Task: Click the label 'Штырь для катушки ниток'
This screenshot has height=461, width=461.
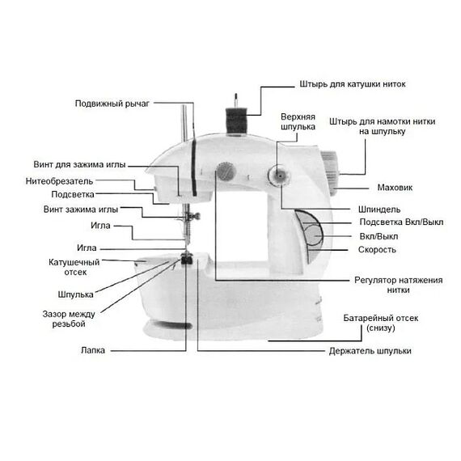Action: tap(353, 84)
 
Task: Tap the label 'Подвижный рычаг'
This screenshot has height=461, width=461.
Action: tap(112, 104)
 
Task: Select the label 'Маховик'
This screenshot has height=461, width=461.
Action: tap(395, 188)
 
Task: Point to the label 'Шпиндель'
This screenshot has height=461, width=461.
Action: tap(379, 209)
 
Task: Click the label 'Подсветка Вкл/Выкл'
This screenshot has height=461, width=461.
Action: tap(401, 222)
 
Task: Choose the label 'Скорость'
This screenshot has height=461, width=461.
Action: tap(377, 250)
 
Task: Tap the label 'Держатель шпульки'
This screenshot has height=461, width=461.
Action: tap(370, 351)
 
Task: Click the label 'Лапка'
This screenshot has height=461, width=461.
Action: tap(93, 350)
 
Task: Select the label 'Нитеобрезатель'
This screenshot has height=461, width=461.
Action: tap(59, 181)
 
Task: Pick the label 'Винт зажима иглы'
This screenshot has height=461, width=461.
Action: tap(81, 209)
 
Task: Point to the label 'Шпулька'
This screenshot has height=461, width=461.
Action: tap(75, 294)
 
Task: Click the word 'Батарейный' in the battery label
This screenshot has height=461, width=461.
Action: tap(367, 318)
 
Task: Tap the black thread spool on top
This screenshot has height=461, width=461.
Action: tap(236, 121)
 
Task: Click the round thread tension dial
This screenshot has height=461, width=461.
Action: tap(226, 171)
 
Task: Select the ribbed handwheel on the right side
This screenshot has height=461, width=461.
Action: tap(331, 173)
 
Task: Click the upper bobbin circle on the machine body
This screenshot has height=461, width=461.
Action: tap(279, 176)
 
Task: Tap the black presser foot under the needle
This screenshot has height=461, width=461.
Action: tap(186, 260)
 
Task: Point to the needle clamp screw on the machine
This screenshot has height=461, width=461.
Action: tap(194, 217)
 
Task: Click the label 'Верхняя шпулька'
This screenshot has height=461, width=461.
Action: tap(298, 121)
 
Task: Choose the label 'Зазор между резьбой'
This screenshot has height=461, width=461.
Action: tap(69, 319)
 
